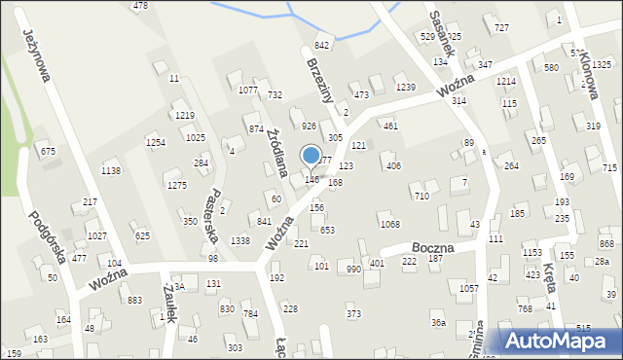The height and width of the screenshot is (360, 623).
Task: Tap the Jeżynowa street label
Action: [x=36, y=54]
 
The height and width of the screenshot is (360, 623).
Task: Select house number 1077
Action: [x=248, y=90]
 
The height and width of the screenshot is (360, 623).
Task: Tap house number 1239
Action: [x=406, y=88]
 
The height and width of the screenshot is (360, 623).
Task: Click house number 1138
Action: [x=111, y=171]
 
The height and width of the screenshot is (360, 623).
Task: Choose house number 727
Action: [x=501, y=27]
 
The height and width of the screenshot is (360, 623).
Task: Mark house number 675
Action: [x=48, y=151]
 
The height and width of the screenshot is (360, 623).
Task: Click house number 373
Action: [x=353, y=313]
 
